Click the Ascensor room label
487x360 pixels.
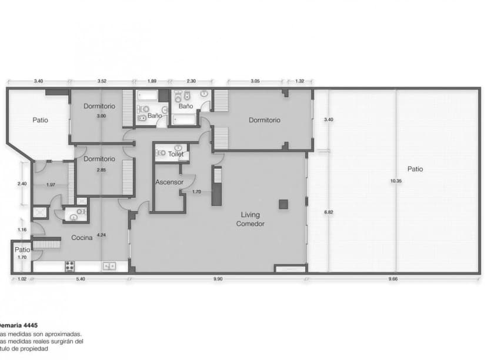(x=169, y=182)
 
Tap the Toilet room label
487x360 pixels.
(x=176, y=154)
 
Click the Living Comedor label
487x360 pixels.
(x=251, y=219)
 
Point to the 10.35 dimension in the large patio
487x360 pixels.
(x=395, y=181)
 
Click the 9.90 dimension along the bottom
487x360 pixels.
(x=218, y=279)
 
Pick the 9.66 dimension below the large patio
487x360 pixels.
(x=393, y=279)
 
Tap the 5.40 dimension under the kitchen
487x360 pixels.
(x=81, y=279)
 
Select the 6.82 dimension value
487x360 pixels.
(x=329, y=212)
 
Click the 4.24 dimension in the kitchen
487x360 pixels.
(x=102, y=235)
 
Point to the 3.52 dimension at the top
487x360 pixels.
(x=101, y=81)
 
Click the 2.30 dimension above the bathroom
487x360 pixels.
(x=191, y=81)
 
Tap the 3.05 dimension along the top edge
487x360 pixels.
(x=256, y=81)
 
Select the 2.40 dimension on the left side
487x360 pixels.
(x=22, y=184)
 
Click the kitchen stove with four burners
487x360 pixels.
(x=69, y=266)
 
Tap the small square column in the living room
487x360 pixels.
(x=283, y=204)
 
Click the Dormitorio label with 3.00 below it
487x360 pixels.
(x=99, y=106)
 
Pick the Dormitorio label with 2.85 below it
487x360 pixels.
(x=99, y=159)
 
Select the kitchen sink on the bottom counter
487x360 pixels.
(x=109, y=266)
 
